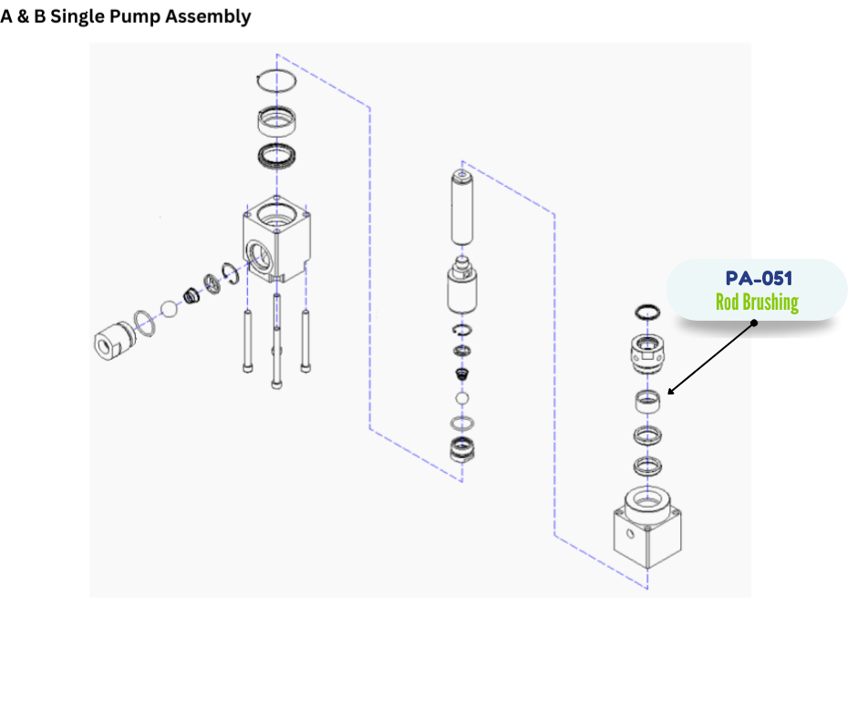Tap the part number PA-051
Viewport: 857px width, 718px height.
point(759,279)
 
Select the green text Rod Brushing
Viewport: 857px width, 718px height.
point(757,303)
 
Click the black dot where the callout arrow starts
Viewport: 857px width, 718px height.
point(754,323)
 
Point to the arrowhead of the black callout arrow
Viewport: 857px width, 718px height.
point(670,394)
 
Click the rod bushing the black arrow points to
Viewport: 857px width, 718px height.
point(647,400)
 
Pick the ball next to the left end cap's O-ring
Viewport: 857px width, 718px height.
point(168,308)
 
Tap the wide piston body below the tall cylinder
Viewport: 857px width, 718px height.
point(463,292)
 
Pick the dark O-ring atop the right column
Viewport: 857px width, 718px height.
point(647,311)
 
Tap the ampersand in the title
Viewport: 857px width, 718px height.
point(25,17)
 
